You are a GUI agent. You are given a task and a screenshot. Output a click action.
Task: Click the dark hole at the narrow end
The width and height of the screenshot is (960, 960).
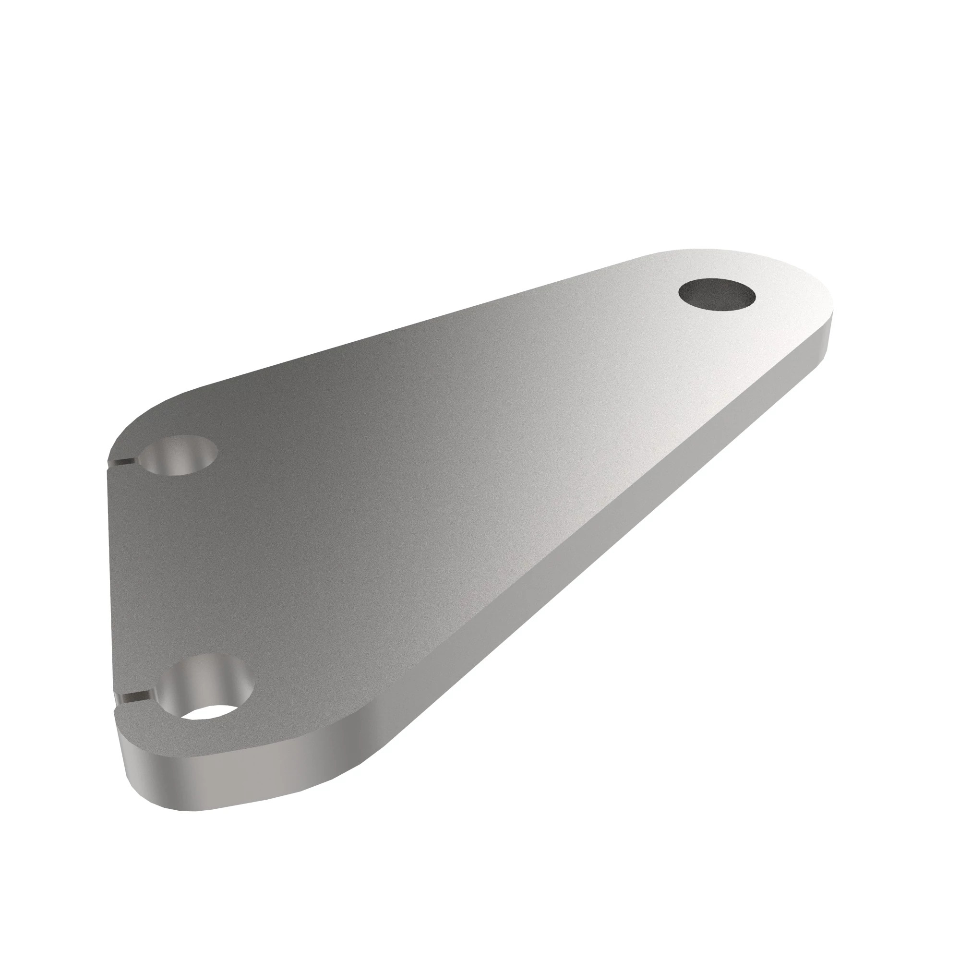tap(717, 295)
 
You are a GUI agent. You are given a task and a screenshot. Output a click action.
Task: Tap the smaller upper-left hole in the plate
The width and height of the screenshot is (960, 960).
tap(180, 455)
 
